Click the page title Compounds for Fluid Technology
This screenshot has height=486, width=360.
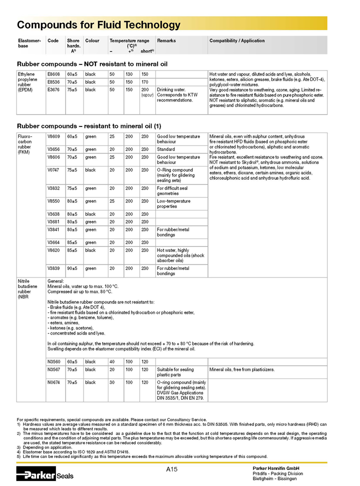pos(98,25)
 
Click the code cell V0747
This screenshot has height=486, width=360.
pos(53,170)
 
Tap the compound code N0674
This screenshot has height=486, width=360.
pos(53,382)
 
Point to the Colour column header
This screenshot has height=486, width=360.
pos(92,41)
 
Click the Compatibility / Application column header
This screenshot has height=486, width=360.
pos(237,41)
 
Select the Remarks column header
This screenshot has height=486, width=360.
pos(166,41)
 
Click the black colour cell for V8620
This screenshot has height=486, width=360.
pos(90,250)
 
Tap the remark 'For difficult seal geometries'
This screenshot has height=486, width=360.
pos(172,191)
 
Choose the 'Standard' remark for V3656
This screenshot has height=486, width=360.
pos(165,149)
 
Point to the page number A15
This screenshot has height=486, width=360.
pos(172,469)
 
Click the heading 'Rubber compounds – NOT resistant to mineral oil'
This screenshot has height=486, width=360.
pos(92,64)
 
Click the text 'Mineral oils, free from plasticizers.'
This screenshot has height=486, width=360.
pos(242,369)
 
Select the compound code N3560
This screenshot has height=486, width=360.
pos(53,361)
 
